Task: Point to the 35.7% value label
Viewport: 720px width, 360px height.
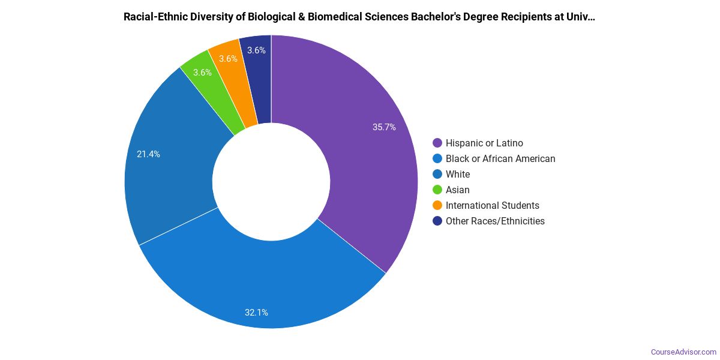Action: (384, 127)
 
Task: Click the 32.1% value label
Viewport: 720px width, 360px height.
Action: (256, 312)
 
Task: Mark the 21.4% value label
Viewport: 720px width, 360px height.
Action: (148, 154)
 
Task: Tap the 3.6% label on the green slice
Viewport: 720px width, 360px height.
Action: (202, 73)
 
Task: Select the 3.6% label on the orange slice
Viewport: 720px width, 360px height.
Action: (228, 59)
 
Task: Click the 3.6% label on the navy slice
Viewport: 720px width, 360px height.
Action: (256, 50)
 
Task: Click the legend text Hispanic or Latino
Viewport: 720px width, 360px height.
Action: (484, 143)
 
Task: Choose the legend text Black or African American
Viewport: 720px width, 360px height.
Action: (500, 158)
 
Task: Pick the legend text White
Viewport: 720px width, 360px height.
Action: (458, 174)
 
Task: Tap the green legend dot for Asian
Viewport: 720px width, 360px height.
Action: (437, 190)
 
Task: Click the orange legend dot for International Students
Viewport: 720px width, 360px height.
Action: (437, 205)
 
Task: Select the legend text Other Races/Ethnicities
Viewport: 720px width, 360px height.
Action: (495, 221)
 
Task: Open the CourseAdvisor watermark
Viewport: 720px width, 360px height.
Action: (683, 352)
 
